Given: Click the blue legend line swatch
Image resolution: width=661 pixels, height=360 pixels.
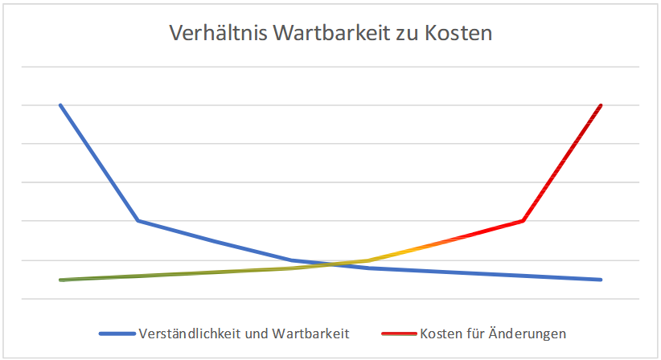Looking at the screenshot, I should click(117, 333).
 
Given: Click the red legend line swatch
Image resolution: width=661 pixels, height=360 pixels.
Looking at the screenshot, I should click(397, 333).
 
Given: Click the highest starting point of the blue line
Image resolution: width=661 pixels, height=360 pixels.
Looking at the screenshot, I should click(60, 105).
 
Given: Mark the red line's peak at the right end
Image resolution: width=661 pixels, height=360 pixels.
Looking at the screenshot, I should click(601, 105).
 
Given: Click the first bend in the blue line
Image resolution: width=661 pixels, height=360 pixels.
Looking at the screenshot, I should click(138, 220).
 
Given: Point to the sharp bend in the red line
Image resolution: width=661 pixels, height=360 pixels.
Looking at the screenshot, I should click(523, 220).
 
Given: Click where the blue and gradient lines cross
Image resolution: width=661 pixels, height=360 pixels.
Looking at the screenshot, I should click(330, 264).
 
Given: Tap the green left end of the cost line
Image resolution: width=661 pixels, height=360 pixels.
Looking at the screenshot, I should click(61, 280).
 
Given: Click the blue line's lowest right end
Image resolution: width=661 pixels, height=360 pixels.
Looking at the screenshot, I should click(601, 280).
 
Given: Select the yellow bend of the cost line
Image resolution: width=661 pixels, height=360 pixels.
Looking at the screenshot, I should click(368, 260).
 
